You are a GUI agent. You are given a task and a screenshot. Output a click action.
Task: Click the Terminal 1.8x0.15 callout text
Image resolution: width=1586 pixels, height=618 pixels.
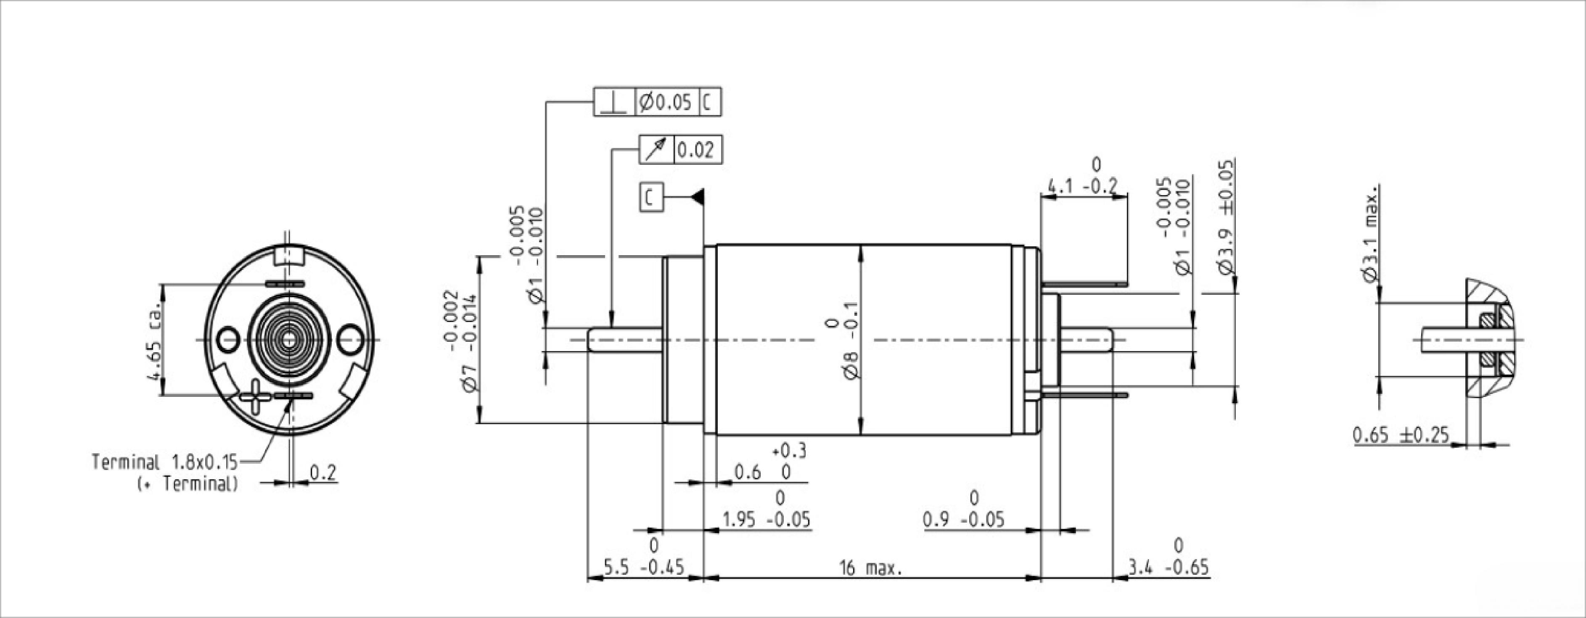click(164, 462)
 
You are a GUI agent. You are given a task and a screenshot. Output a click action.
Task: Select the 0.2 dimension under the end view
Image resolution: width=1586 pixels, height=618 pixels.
click(322, 473)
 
